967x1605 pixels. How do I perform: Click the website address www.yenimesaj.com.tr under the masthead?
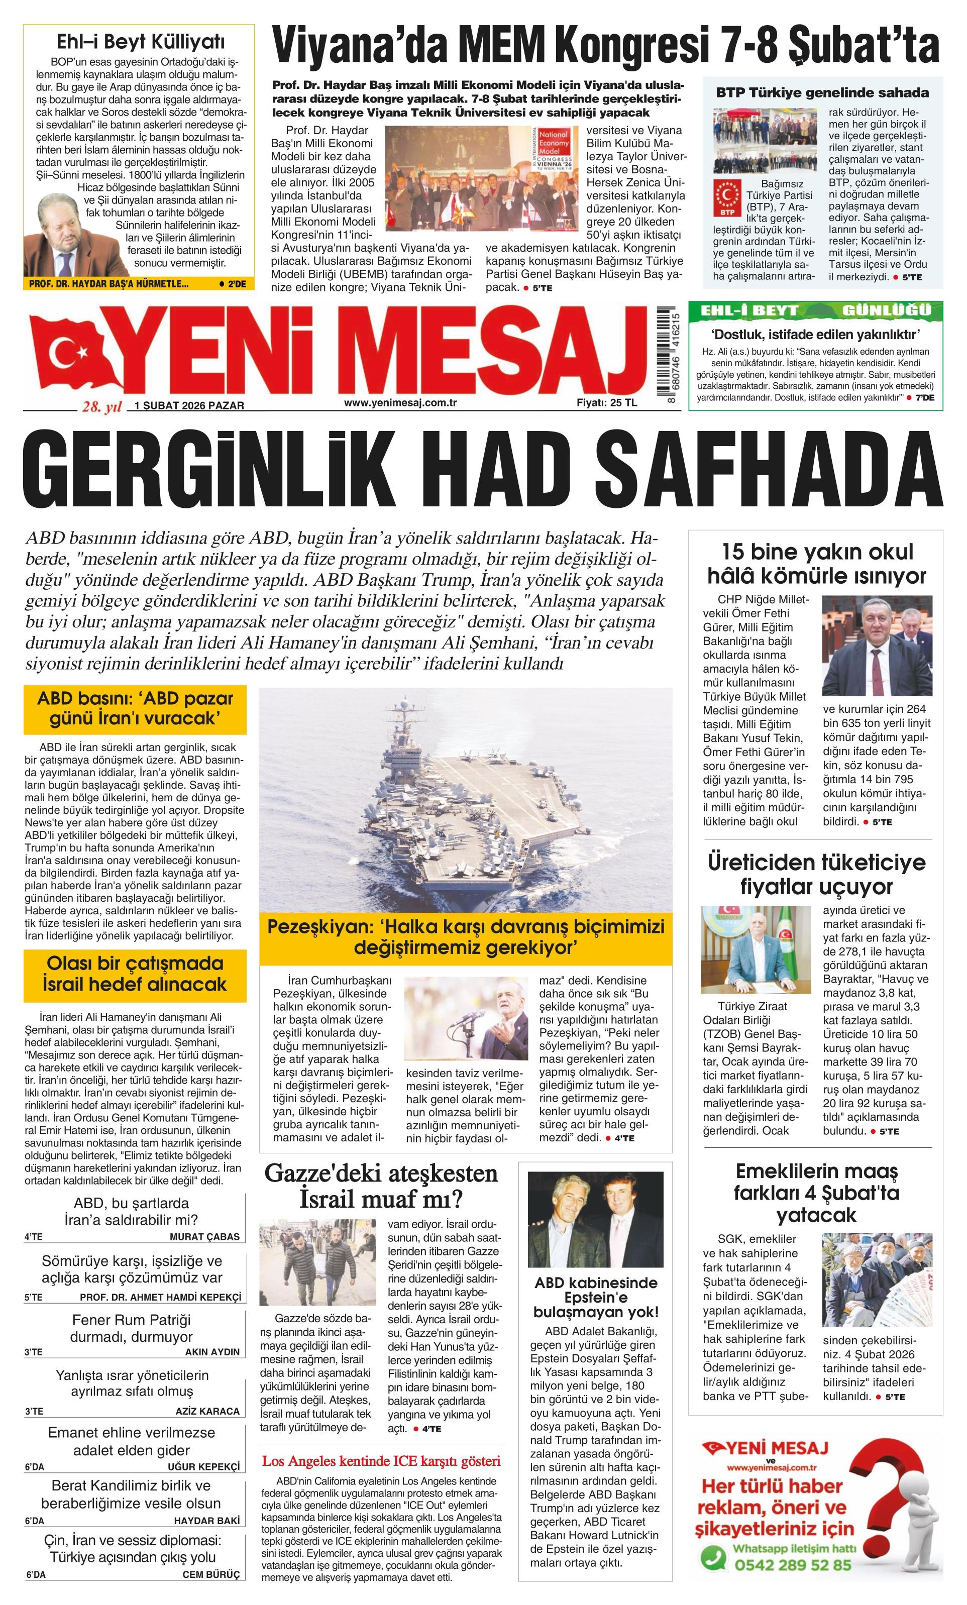click(x=400, y=402)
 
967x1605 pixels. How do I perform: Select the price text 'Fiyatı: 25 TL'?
click(x=607, y=402)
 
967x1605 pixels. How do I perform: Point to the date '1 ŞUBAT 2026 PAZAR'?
click(x=189, y=405)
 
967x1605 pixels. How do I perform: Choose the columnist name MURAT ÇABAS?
click(x=204, y=1237)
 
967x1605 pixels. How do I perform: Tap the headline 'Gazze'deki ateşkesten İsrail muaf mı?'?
click(x=381, y=1188)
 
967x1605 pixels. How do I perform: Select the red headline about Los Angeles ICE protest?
click(x=381, y=1461)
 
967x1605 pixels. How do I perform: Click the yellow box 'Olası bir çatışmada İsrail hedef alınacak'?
click(x=135, y=975)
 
